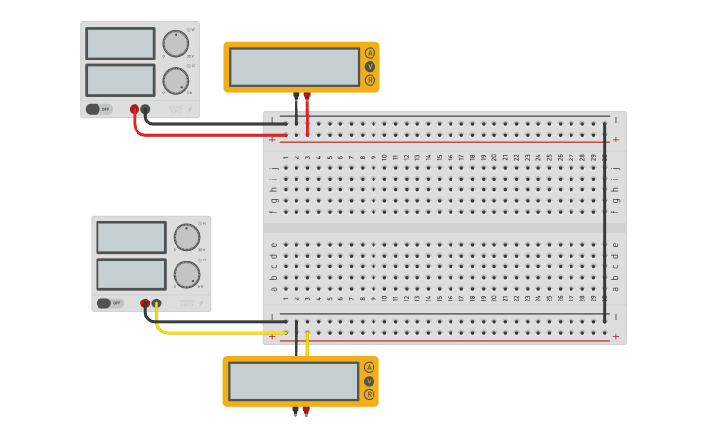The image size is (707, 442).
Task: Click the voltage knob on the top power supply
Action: (176, 44)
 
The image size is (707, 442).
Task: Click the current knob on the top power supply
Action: (176, 80)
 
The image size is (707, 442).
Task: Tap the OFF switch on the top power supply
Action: (98, 109)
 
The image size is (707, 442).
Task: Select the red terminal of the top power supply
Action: (135, 109)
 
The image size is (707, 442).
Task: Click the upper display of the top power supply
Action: (120, 44)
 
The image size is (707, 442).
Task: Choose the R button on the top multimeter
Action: (370, 81)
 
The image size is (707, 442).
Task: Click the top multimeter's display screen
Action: (295, 66)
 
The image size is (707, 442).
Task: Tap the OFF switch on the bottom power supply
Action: (109, 303)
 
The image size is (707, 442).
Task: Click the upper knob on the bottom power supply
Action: (186, 237)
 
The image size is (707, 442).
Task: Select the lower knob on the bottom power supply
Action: (186, 274)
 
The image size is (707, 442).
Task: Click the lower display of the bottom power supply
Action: (131, 274)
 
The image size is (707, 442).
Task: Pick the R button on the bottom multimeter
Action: (369, 395)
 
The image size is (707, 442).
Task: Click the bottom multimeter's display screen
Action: (294, 382)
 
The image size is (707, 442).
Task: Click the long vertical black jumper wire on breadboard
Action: (604, 234)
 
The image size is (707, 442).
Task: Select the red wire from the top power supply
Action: (195, 134)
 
